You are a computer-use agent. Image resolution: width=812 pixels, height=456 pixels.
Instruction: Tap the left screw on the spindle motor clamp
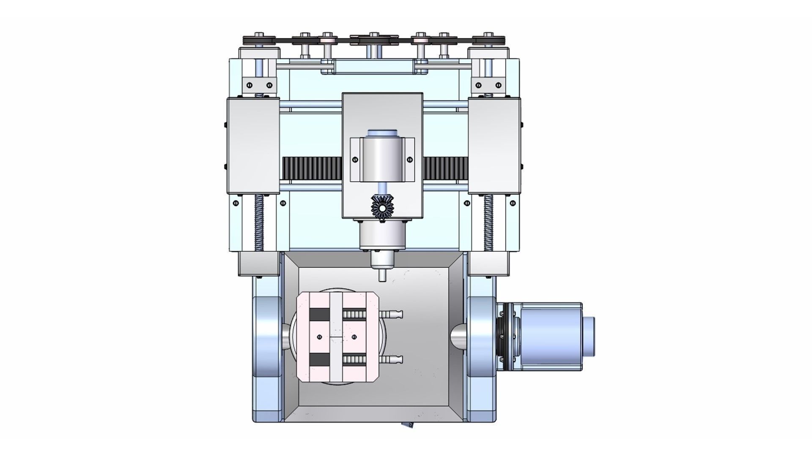(x=354, y=160)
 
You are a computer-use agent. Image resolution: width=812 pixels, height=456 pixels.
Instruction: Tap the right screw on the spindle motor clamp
(x=409, y=160)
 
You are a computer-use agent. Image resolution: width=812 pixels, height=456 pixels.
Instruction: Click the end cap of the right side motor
(x=591, y=337)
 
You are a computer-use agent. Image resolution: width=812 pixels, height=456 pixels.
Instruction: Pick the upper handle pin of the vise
(x=392, y=315)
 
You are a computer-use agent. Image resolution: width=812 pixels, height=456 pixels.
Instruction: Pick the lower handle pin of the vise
(x=392, y=359)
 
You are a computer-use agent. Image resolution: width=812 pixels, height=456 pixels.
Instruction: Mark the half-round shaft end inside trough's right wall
(x=459, y=337)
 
